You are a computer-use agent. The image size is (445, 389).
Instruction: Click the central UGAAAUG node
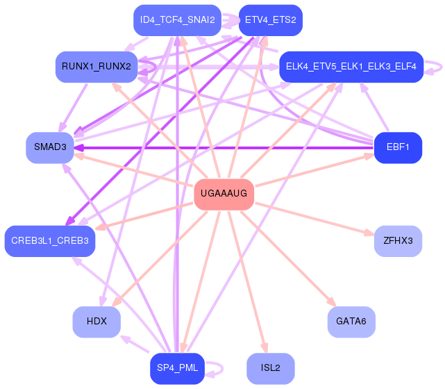(224, 194)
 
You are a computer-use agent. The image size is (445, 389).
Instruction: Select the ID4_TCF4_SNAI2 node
(178, 20)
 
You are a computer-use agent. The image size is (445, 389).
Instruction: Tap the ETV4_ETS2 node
(271, 20)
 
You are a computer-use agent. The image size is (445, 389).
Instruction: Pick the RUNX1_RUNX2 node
(96, 67)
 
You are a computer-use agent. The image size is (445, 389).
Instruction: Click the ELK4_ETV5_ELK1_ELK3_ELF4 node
(351, 67)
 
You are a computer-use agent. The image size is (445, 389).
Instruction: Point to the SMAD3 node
(50, 148)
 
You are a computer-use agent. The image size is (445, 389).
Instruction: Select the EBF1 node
(398, 148)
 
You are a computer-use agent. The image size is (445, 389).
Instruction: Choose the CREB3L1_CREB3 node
(50, 241)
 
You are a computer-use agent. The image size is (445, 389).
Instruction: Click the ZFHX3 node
(398, 241)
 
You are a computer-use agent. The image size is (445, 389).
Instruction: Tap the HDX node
(96, 322)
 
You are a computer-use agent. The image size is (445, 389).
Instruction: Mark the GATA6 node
(351, 322)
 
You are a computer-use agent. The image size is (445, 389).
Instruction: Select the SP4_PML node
(178, 369)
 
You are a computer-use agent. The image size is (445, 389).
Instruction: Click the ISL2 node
(271, 369)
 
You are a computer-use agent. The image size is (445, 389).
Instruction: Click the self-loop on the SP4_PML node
(223, 369)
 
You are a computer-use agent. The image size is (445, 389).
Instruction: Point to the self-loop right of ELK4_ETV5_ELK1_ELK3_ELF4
(442, 67)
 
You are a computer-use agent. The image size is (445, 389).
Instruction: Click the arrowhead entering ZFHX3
(369, 233)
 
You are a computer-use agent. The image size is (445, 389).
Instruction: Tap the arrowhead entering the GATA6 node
(331, 301)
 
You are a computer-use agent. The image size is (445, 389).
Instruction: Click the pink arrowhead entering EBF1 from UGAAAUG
(369, 156)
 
